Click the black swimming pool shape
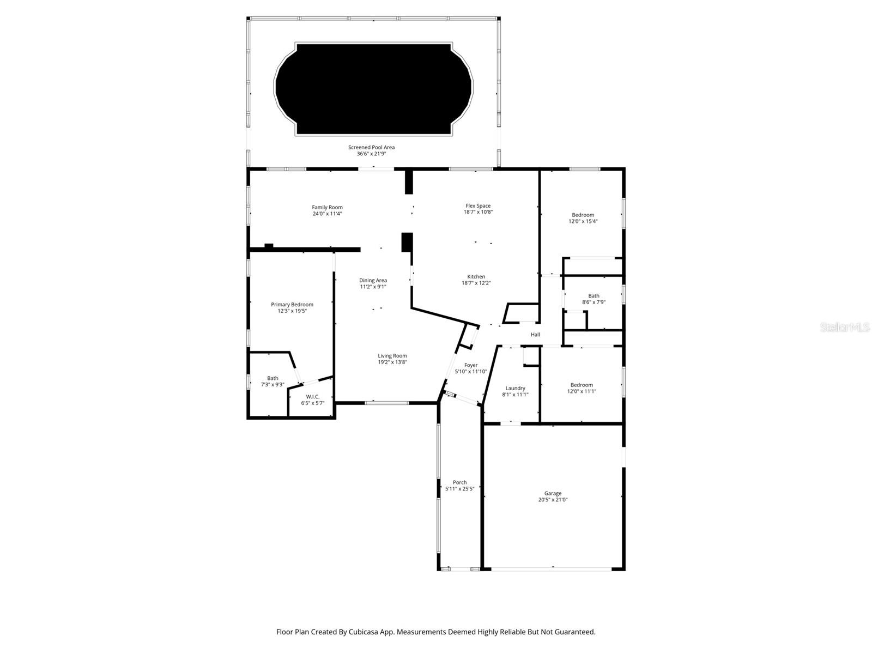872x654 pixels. pos(374,89)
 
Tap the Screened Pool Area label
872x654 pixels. pos(371,147)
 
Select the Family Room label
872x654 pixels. pos(327,207)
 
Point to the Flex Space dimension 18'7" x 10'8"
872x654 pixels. pos(478,212)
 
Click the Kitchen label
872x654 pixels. pos(476,276)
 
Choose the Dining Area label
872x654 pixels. pos(373,280)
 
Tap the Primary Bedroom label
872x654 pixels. pos(292,304)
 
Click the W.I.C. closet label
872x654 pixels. pos(312,397)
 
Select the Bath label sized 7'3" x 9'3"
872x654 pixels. pos(272,378)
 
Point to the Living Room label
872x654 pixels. pos(392,355)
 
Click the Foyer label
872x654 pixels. pos(471,365)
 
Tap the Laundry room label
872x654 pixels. pos(515,388)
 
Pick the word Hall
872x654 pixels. pos(535,335)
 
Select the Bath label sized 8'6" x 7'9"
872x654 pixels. pos(594,296)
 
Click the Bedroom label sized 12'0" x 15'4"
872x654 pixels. pos(583,215)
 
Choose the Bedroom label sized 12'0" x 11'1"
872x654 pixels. pos(582,385)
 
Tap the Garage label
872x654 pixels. pos(553,493)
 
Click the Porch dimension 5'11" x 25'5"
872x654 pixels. pos(459,489)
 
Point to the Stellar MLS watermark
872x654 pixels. pos(845,328)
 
